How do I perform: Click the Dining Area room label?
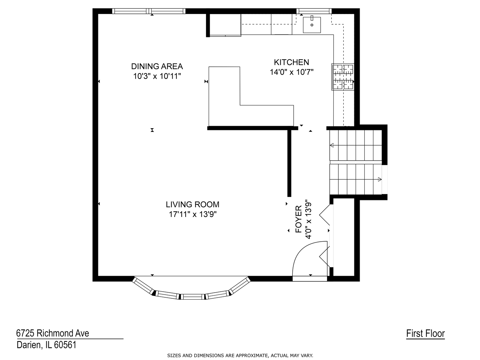click(157, 66)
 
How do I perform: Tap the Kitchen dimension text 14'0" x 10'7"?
click(291, 72)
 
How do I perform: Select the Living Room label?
click(192, 205)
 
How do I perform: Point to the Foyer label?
click(298, 219)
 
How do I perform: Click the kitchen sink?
click(312, 25)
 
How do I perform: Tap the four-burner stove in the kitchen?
click(343, 77)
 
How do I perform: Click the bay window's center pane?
click(192, 297)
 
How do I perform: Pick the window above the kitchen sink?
click(314, 11)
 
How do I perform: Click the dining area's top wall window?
click(149, 11)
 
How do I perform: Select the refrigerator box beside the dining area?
click(225, 25)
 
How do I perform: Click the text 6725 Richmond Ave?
click(52, 333)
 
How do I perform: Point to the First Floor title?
click(425, 333)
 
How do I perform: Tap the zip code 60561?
click(65, 345)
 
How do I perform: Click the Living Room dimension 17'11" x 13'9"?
click(192, 214)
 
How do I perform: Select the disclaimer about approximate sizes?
click(240, 356)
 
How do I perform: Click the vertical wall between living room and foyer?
click(289, 163)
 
